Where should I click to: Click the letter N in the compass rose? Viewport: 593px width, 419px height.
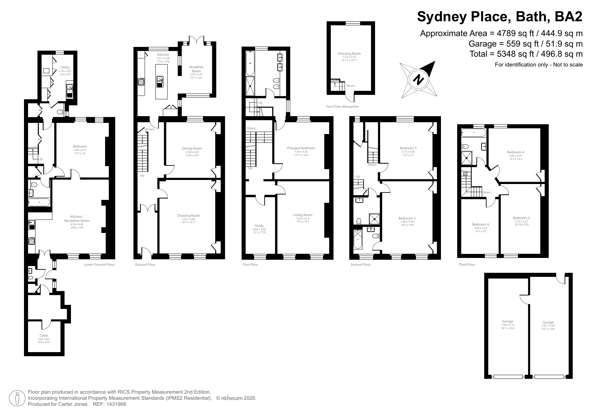click(419, 80)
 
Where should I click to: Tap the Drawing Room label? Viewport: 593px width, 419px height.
click(189, 215)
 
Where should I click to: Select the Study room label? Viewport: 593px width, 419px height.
click(259, 226)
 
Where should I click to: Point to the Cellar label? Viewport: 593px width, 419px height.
click(44, 335)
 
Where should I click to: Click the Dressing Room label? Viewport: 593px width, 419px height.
click(349, 53)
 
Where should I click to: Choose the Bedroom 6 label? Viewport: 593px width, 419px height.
click(480, 224)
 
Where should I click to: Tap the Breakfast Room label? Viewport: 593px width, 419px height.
click(196, 69)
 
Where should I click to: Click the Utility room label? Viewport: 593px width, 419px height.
click(65, 68)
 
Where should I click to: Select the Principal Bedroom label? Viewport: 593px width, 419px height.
click(301, 148)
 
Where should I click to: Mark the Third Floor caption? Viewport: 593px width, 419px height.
click(467, 264)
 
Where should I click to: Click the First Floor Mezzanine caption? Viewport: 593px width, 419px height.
click(342, 106)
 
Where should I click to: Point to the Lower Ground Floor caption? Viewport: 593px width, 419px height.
click(99, 264)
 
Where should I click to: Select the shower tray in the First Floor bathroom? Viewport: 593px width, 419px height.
click(250, 86)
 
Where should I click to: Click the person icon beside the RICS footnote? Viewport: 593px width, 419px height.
click(17, 398)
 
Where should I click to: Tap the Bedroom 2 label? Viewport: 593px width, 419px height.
click(407, 218)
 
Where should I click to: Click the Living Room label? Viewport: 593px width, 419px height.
click(303, 215)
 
